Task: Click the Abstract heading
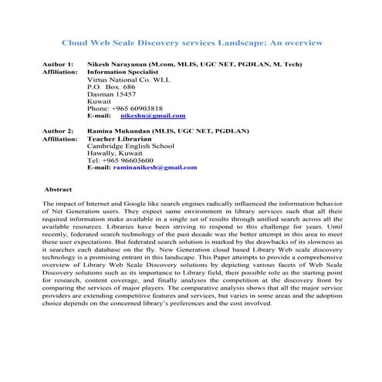[59, 188]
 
